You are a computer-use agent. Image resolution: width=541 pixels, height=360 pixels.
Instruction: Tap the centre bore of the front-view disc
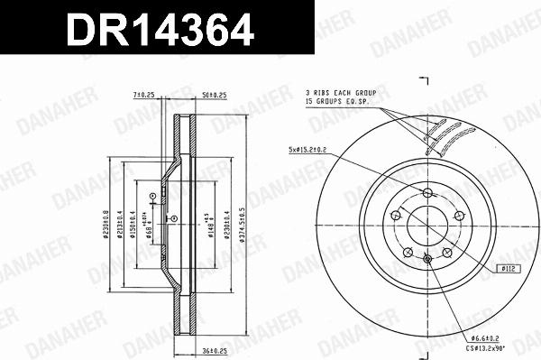(x=427, y=226)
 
